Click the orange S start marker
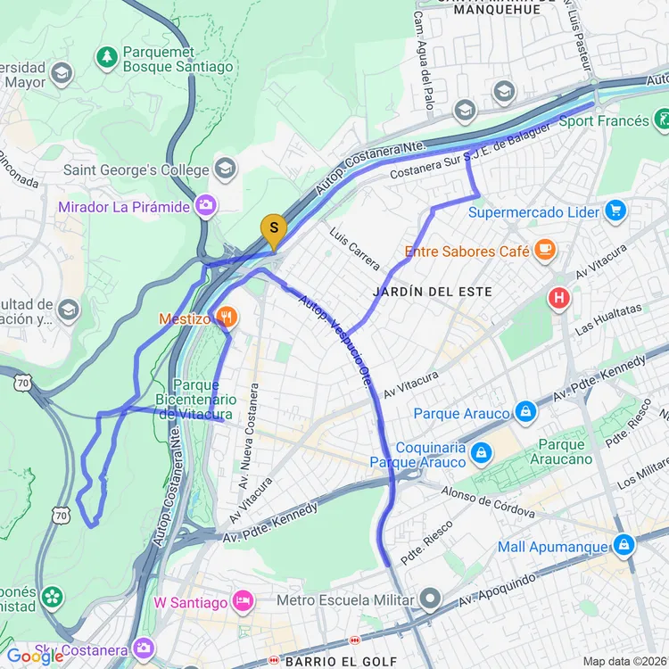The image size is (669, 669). click(273, 228)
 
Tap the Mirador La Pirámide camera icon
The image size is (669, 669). click(207, 207)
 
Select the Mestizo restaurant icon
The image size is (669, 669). click(227, 317)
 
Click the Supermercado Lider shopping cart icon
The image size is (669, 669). click(615, 211)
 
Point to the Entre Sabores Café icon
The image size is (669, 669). click(545, 251)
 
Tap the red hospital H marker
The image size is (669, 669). click(559, 297)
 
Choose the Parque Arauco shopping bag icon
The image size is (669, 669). click(525, 412)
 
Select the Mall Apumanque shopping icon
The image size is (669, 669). click(623, 545)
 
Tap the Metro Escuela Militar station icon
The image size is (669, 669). click(432, 598)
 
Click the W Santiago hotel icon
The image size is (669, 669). click(241, 601)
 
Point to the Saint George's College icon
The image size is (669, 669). click(225, 169)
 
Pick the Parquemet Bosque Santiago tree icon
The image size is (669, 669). click(107, 57)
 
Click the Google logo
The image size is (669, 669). click(34, 657)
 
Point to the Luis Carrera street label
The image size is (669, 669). click(348, 248)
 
